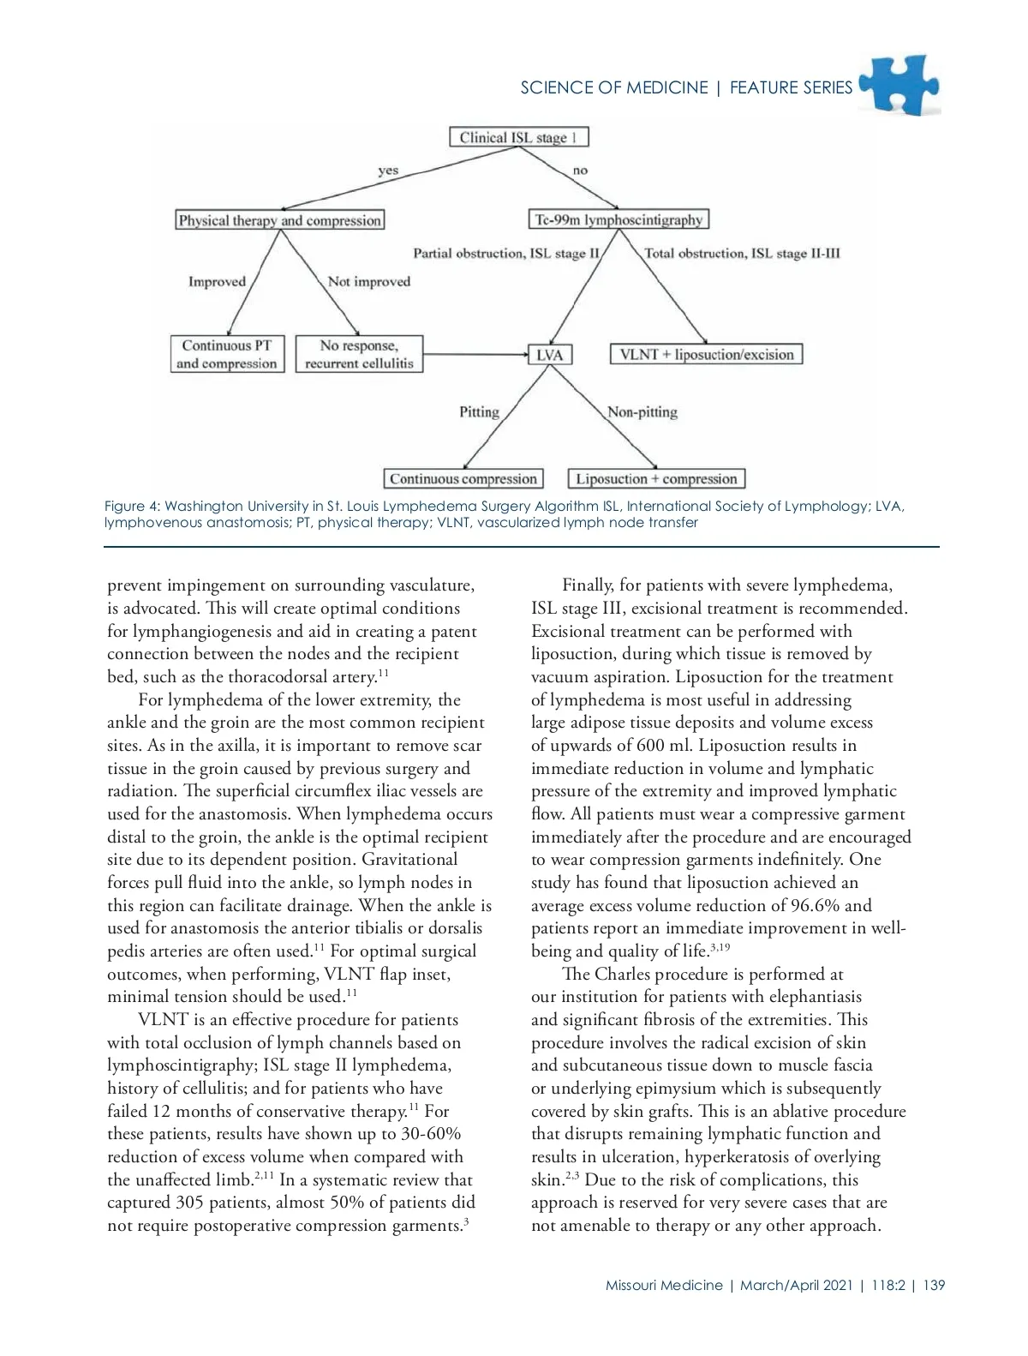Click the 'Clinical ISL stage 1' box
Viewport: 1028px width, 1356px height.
point(519,137)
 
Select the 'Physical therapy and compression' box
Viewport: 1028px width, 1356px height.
point(279,220)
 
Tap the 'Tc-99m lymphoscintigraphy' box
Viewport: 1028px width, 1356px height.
point(619,220)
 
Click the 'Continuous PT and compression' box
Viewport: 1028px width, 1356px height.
point(227,354)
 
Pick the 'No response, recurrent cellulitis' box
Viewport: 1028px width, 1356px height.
point(359,354)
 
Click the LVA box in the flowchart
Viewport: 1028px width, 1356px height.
point(549,355)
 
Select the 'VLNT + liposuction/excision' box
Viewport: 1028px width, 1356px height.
point(707,355)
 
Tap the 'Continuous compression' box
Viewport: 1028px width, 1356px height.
point(463,479)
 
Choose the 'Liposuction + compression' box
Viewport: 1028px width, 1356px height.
point(656,479)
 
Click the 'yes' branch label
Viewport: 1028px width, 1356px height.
point(388,171)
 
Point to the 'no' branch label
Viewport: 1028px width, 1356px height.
point(580,171)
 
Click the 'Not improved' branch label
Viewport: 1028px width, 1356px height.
point(368,282)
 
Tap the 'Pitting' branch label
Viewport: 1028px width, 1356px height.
point(479,412)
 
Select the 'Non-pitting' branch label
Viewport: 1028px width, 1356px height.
point(642,412)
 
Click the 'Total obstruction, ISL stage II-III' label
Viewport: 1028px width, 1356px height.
point(742,254)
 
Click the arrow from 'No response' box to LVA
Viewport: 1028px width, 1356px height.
point(475,354)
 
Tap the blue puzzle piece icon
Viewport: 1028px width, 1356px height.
point(900,85)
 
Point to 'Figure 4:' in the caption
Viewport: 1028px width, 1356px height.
point(132,507)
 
